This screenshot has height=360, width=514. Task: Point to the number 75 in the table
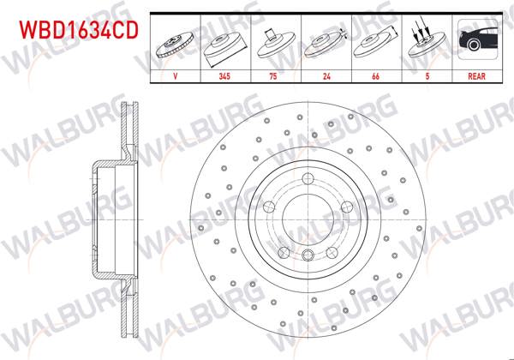click(x=272, y=76)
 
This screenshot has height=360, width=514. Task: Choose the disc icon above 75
click(x=272, y=42)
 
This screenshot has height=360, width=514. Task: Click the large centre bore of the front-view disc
click(x=308, y=219)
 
